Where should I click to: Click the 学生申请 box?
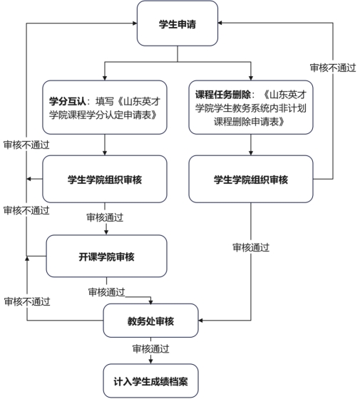pyautogui.click(x=178, y=24)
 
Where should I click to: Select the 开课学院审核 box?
pyautogui.click(x=106, y=256)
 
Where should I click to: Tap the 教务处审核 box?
pyautogui.click(x=150, y=321)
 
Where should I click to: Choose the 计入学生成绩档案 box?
pyautogui.click(x=150, y=381)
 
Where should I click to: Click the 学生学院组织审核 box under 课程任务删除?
pyautogui.click(x=251, y=179)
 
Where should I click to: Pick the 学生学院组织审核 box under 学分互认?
pyautogui.click(x=105, y=179)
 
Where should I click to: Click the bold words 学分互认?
pyautogui.click(x=68, y=101)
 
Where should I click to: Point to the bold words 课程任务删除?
pyautogui.click(x=223, y=95)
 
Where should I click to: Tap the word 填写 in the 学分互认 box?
pyautogui.click(x=104, y=101)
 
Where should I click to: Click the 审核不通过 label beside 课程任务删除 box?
pyautogui.click(x=333, y=68)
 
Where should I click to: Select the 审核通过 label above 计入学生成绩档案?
pyautogui.click(x=150, y=348)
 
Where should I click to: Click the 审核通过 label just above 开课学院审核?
pyautogui.click(x=105, y=217)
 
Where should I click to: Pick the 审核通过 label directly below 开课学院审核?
pyautogui.click(x=106, y=292)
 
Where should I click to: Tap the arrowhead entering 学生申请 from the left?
pyautogui.click(x=135, y=24)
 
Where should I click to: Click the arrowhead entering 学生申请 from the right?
pyautogui.click(x=220, y=23)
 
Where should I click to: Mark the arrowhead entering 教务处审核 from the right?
pyautogui.click(x=200, y=321)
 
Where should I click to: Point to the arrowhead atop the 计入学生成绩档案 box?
pyautogui.click(x=150, y=361)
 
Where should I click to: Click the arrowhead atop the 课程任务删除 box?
pyautogui.click(x=251, y=78)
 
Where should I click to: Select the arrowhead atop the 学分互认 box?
pyautogui.click(x=105, y=78)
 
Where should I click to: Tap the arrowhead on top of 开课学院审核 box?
pyautogui.click(x=106, y=232)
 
